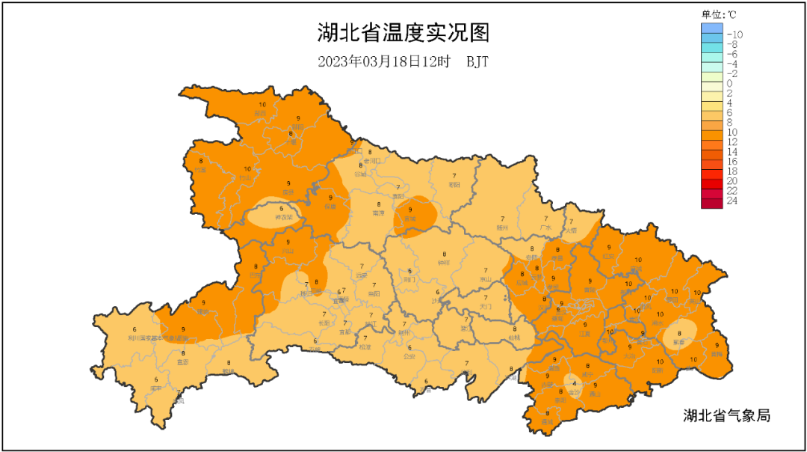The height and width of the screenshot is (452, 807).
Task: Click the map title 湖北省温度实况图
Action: (403, 34)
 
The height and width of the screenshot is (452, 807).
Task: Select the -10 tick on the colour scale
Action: (734, 34)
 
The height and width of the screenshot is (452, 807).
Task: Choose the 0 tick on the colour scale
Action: (730, 83)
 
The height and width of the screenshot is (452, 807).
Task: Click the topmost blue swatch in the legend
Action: (712, 28)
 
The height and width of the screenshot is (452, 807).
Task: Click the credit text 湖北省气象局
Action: (726, 415)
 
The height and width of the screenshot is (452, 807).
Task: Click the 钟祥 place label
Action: (444, 263)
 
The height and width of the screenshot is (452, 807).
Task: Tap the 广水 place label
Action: (545, 227)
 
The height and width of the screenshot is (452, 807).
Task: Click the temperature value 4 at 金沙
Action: (573, 384)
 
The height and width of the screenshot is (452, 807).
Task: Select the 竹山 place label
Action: (246, 178)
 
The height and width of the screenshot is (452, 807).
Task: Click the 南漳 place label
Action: (378, 213)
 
